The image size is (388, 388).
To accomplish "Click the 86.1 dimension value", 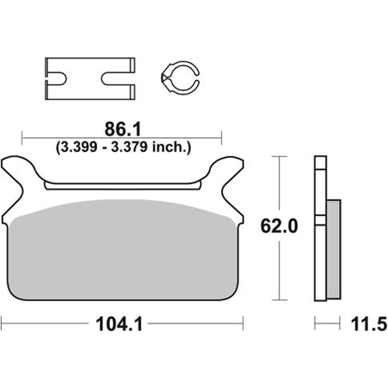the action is (123, 130).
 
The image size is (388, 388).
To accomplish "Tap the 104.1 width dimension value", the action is (120, 324).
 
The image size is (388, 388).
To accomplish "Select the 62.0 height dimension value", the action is (279, 226).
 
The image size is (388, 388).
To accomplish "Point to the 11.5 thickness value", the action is (369, 324).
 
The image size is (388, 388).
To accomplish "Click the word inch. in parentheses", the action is (169, 147).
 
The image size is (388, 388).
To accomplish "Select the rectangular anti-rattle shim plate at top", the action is (90, 78).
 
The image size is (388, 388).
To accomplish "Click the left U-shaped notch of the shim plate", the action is (57, 78).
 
